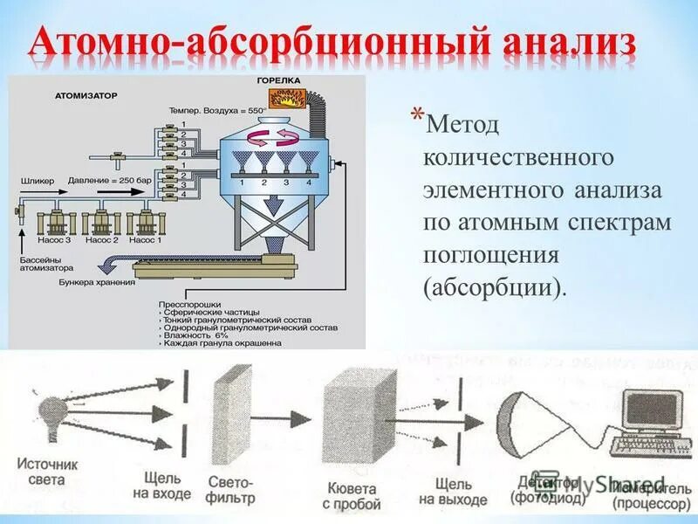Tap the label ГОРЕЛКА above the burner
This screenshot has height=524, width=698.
279,80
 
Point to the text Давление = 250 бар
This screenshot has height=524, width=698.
109,181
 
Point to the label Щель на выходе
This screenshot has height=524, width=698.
452,491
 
